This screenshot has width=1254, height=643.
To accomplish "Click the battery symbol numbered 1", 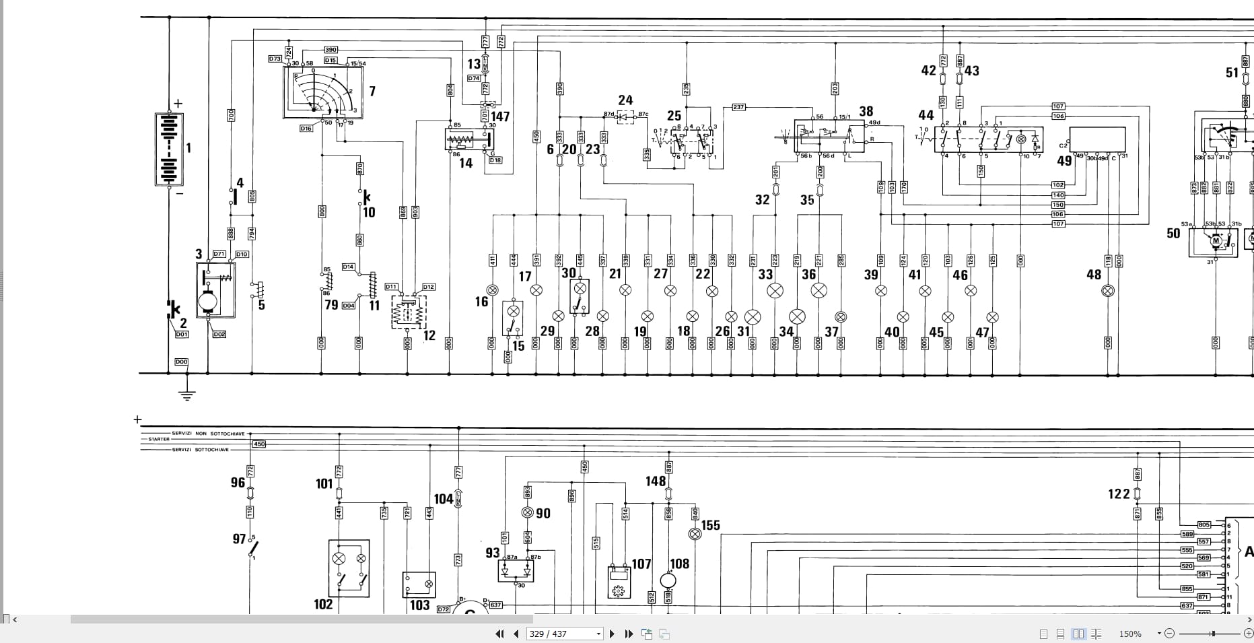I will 169,149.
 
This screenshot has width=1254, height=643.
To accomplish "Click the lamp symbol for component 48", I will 1107,291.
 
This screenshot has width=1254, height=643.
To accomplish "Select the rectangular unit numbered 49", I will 1097,140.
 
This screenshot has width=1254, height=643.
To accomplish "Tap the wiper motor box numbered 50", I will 1213,241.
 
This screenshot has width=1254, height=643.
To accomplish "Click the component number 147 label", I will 500,116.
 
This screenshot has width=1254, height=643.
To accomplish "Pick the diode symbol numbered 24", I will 625,117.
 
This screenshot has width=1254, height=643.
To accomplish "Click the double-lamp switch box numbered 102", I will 349,568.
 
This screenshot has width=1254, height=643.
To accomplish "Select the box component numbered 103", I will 419,584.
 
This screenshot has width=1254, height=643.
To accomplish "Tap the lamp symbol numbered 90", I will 528,513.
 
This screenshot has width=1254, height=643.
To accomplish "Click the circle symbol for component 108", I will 668,580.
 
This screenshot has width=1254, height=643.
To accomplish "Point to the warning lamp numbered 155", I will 695,534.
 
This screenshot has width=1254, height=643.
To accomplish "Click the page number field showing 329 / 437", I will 563,634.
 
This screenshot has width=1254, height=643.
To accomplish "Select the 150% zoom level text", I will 1130,634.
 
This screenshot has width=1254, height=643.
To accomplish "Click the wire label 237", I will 738,107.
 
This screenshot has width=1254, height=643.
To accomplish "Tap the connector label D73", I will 275,59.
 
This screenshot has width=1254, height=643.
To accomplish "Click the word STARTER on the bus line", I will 160,439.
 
